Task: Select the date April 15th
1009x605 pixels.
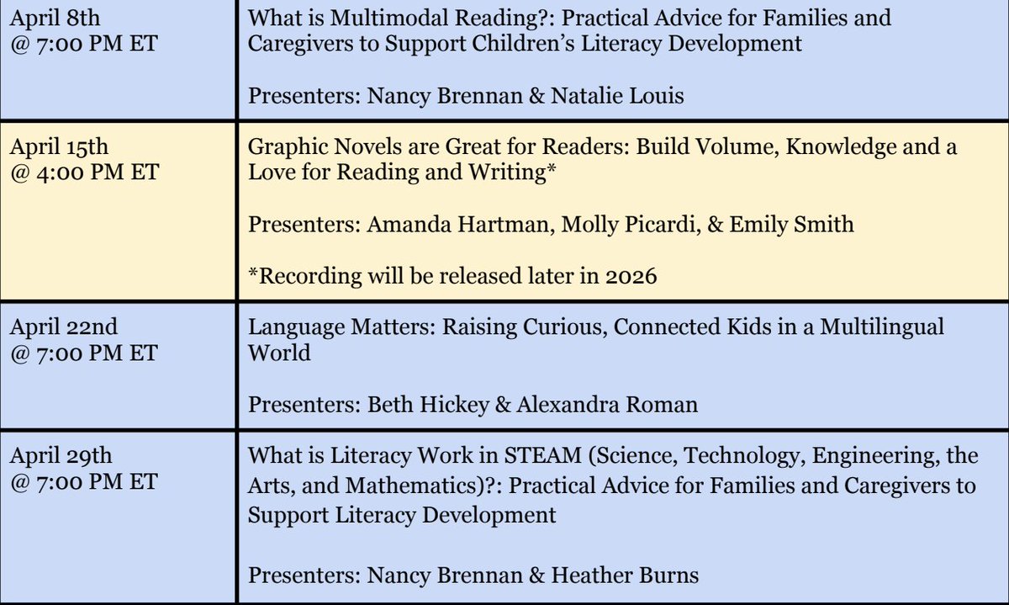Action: (x=59, y=147)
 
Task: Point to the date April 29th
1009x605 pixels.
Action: (x=61, y=456)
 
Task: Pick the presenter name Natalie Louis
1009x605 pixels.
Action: (x=618, y=96)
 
